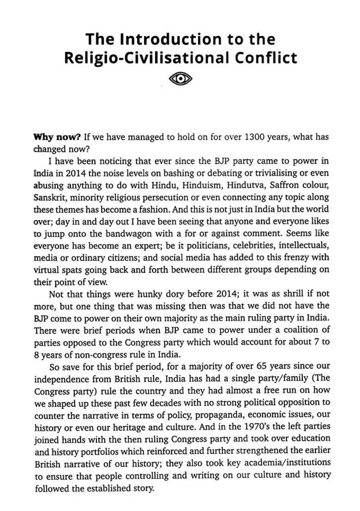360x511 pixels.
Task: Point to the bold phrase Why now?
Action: click(x=57, y=137)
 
